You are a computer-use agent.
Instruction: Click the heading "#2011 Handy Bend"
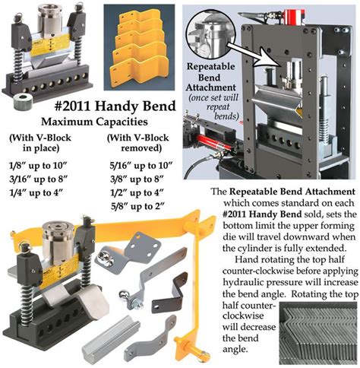click(x=115, y=106)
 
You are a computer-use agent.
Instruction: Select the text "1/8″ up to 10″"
click(x=38, y=166)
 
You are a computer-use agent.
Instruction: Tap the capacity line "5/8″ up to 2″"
click(x=138, y=207)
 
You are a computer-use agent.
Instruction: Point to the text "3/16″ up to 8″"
click(x=39, y=179)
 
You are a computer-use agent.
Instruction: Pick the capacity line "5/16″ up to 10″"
click(x=141, y=166)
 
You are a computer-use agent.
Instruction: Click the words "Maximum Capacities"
click(x=94, y=122)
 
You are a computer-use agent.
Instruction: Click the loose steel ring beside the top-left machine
click(x=24, y=101)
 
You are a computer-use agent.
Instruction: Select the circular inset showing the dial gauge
click(x=211, y=34)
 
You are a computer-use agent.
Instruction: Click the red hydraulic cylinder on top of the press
click(x=295, y=17)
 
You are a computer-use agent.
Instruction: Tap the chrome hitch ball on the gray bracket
click(x=125, y=295)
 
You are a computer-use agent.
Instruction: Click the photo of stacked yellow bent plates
click(x=139, y=47)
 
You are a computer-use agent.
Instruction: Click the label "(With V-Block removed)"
click(x=138, y=143)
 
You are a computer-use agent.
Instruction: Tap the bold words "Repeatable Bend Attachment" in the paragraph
click(x=292, y=192)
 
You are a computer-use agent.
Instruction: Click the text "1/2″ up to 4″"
click(x=137, y=193)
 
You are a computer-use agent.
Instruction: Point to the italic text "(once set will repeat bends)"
click(x=215, y=106)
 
